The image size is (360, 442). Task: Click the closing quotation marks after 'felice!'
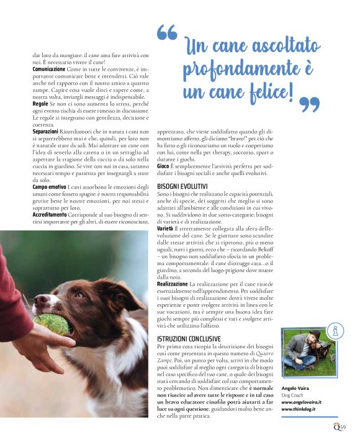click(x=313, y=104)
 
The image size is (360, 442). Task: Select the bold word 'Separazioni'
click(x=45, y=132)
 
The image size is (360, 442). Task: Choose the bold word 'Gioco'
click(x=163, y=166)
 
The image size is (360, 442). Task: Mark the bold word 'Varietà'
click(x=166, y=230)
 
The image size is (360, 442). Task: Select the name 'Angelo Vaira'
click(x=297, y=386)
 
